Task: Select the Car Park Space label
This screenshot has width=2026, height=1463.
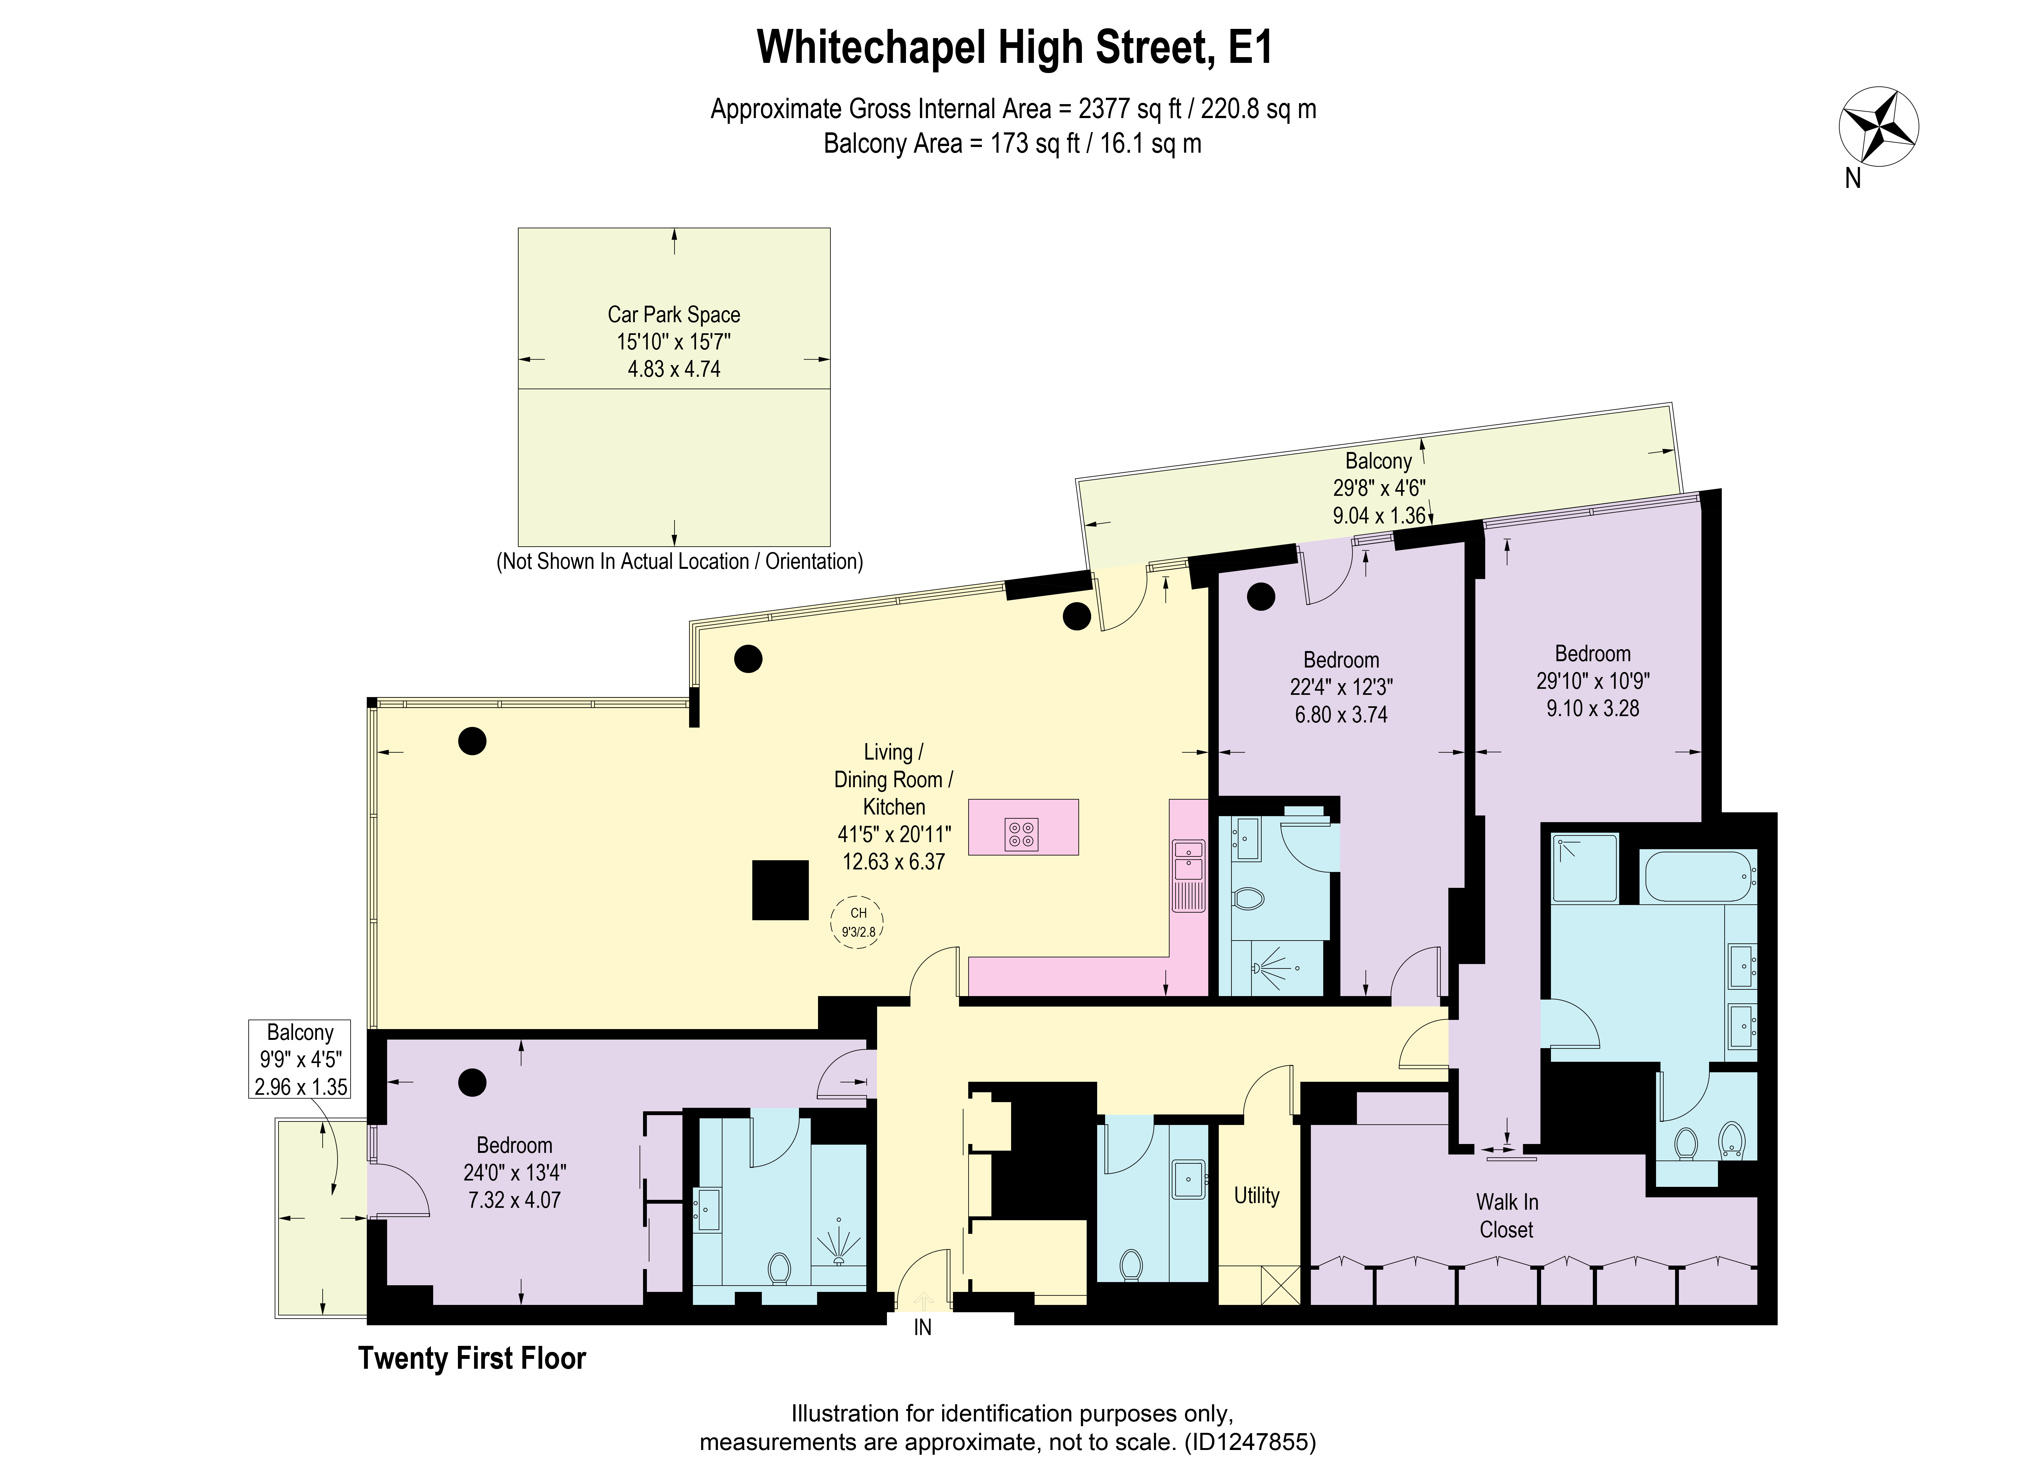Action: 674,314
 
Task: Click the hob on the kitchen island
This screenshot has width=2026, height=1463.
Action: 1022,833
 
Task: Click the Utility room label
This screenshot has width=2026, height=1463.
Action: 1256,1195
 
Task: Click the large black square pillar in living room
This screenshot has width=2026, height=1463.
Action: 780,890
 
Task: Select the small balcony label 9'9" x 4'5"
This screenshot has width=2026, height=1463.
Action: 300,1059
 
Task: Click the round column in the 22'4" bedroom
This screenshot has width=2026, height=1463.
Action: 1260,597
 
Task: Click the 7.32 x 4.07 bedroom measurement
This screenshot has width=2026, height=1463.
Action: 514,1200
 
